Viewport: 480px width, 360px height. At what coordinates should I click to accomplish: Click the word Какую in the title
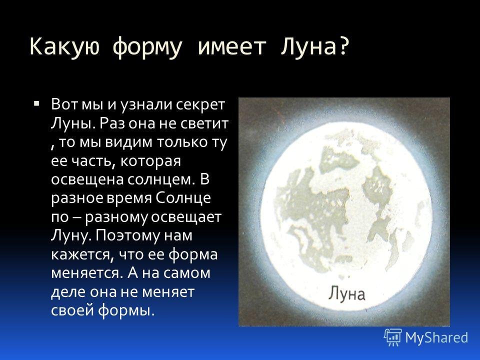[x=65, y=47]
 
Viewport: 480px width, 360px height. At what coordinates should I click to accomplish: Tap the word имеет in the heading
[x=231, y=47]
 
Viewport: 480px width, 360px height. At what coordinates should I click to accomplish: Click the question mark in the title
[x=344, y=46]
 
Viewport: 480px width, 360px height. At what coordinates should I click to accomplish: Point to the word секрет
[x=200, y=104]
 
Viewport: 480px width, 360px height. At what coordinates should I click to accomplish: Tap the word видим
[x=128, y=142]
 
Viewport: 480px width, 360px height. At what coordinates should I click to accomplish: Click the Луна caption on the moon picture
[x=347, y=294]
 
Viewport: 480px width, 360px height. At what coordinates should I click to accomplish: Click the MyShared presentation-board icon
[x=393, y=337]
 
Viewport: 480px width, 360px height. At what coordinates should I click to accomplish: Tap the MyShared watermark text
[x=436, y=338]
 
